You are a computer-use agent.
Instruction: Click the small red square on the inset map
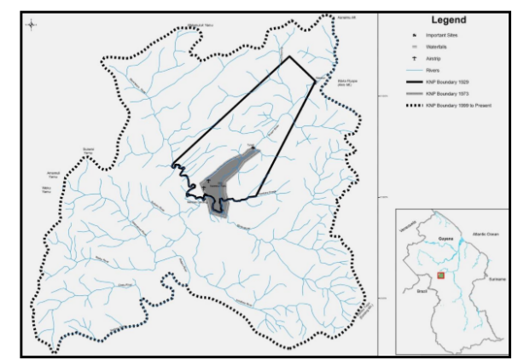441,275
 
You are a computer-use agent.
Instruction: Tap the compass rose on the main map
32,23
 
